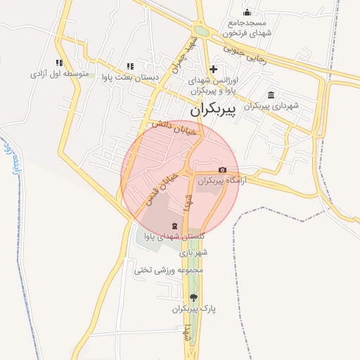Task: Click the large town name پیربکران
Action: (219, 111)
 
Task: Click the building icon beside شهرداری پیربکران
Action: (271, 96)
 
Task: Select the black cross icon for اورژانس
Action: (213, 69)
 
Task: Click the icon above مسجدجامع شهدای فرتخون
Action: (247, 12)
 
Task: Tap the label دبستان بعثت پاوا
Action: (131, 77)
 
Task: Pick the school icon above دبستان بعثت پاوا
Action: (130, 66)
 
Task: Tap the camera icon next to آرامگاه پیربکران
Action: (223, 169)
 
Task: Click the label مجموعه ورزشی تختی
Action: (180, 269)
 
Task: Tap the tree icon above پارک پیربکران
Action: (193, 297)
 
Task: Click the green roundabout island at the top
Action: (202, 31)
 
